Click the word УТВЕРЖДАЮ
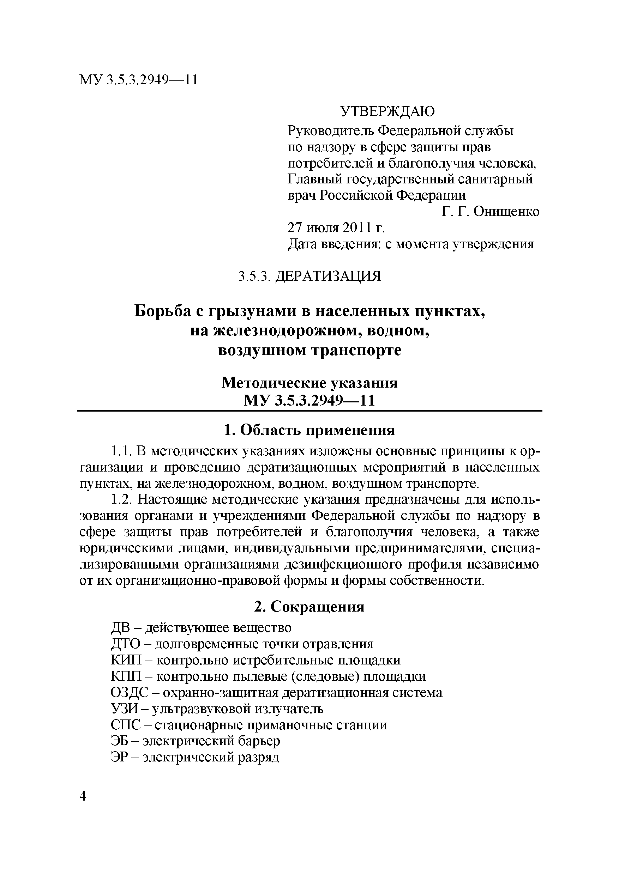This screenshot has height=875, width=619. pyautogui.click(x=387, y=112)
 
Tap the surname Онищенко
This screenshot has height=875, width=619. pyautogui.click(x=506, y=212)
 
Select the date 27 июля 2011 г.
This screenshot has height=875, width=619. pyautogui.click(x=336, y=228)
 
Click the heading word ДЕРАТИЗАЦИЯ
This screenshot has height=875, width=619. pyautogui.click(x=328, y=276)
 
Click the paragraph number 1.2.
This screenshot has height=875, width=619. pyautogui.click(x=121, y=500)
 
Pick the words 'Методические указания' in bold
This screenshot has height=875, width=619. pyautogui.click(x=309, y=383)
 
